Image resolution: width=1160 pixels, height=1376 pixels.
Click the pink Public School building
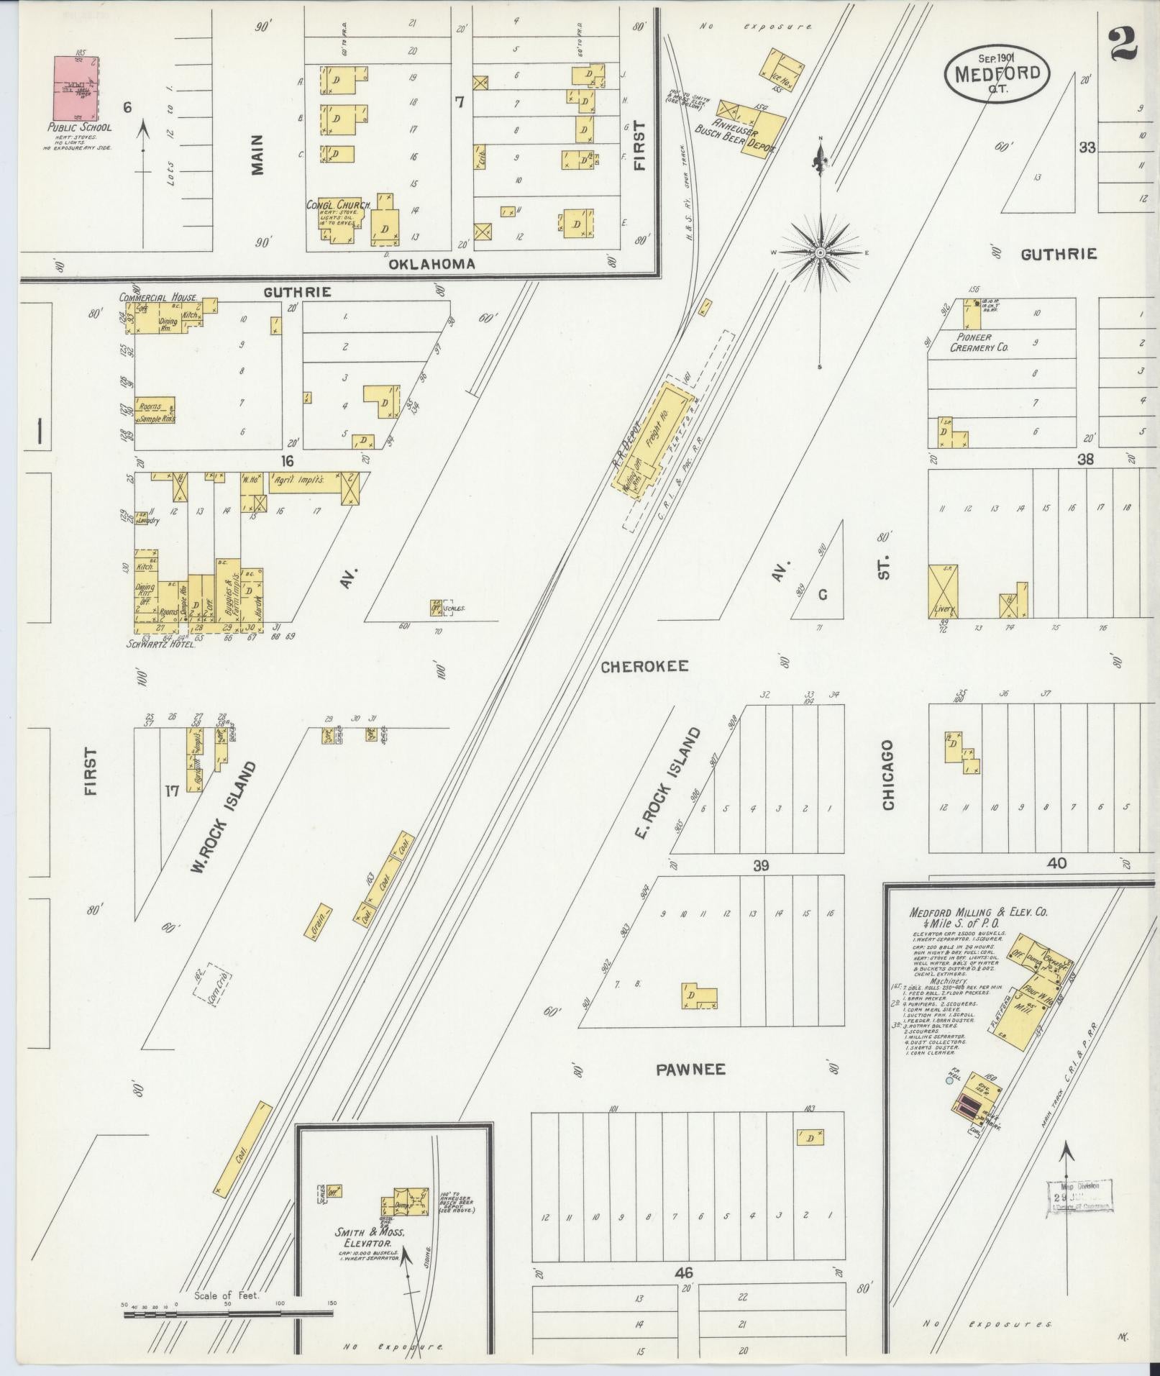(76, 88)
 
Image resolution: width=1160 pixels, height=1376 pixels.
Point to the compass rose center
(819, 252)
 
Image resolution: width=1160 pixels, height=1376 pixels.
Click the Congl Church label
(338, 205)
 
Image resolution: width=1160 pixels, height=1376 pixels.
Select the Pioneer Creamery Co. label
(979, 342)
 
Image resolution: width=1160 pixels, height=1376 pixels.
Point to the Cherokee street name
(644, 666)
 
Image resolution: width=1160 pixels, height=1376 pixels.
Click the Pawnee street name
(690, 1070)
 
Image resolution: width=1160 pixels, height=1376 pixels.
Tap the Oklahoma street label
(431, 264)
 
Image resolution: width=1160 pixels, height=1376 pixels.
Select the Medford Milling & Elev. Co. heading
(978, 917)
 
